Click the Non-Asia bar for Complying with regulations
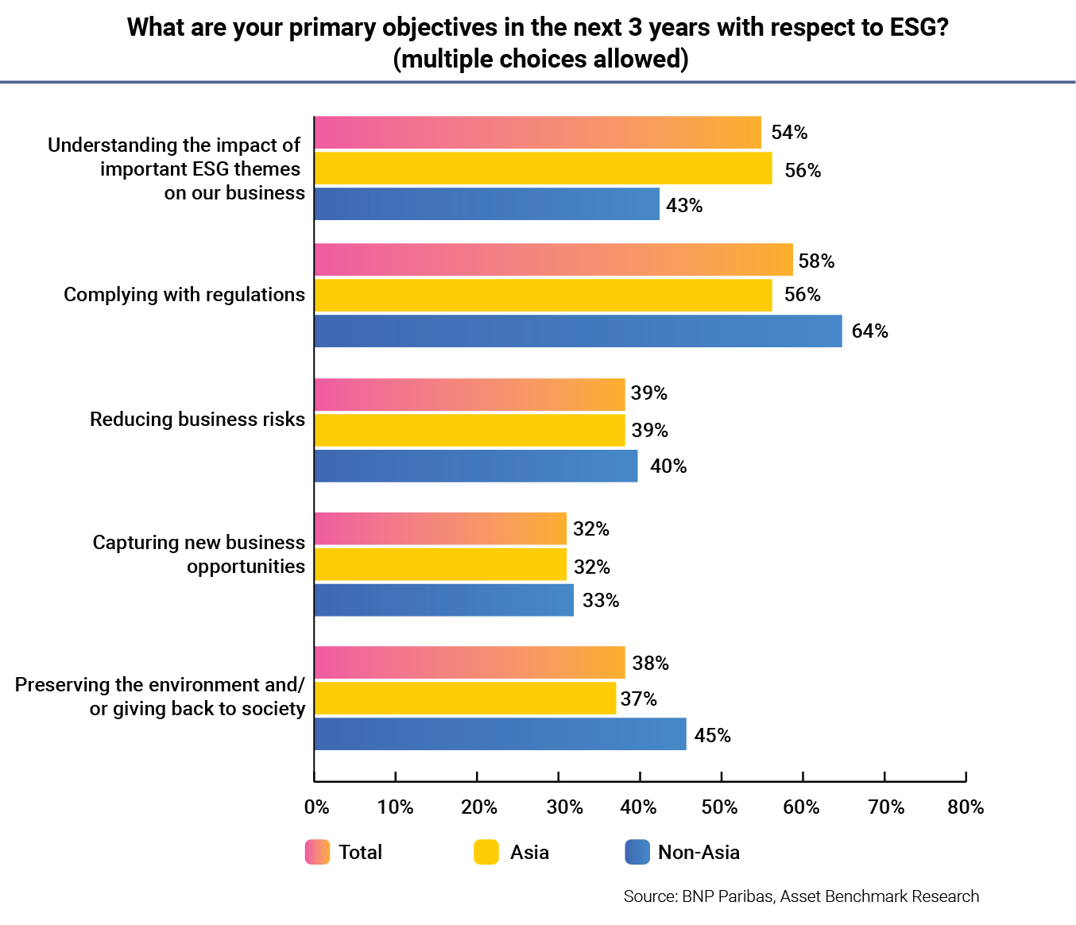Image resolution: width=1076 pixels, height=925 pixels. (x=578, y=331)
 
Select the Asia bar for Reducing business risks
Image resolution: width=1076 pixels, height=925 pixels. (x=470, y=431)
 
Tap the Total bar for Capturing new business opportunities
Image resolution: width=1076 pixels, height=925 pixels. (x=440, y=529)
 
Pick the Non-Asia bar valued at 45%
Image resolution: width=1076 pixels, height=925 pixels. (x=500, y=734)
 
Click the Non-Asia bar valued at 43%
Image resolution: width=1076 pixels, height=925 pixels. (x=486, y=204)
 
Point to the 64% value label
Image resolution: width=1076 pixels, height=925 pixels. (x=869, y=331)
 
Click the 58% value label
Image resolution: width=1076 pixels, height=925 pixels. (x=816, y=261)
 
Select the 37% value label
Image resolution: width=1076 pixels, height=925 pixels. (x=638, y=699)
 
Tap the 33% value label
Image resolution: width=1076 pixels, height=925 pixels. (x=600, y=601)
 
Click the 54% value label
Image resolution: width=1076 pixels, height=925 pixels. (x=789, y=133)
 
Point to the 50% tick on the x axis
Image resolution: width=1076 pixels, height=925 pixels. (x=720, y=807)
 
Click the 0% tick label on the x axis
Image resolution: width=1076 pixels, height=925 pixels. (x=316, y=807)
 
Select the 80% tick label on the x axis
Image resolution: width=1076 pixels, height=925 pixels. (x=966, y=807)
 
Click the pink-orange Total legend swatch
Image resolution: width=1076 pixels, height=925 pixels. (x=317, y=852)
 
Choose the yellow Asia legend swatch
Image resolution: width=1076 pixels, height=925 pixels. (x=486, y=852)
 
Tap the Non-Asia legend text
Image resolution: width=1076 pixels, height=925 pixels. (x=699, y=853)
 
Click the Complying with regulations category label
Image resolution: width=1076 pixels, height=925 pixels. (x=184, y=295)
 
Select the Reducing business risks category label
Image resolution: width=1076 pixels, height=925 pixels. (x=197, y=420)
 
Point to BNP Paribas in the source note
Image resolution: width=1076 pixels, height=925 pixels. (x=727, y=896)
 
